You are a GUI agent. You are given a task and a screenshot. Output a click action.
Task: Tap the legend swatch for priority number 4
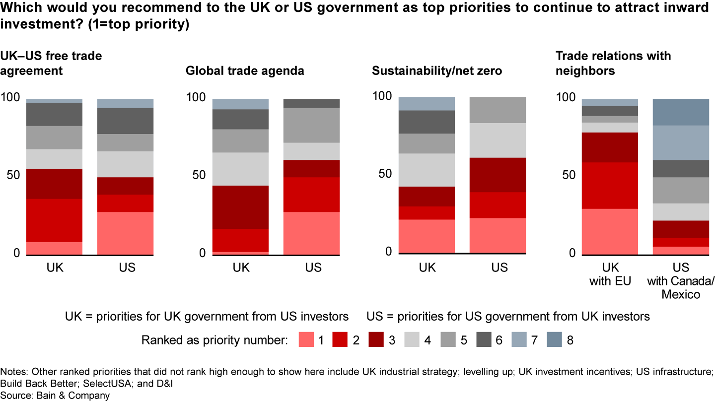tap(413, 340)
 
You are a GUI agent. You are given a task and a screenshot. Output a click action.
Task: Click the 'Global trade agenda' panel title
tap(245, 71)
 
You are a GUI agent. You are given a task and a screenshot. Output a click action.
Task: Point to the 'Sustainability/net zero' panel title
tap(437, 71)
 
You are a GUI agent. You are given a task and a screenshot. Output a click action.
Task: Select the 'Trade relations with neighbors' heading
tap(613, 63)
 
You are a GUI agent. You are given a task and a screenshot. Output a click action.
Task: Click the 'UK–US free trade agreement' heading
tap(51, 63)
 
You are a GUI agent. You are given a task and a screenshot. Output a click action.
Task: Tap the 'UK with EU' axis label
tap(610, 274)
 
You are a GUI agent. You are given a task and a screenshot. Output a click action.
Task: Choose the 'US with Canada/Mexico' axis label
tap(681, 281)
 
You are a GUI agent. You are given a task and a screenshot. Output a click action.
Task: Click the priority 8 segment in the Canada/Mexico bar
tap(681, 112)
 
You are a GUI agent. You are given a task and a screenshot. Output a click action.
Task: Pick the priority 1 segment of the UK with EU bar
tap(610, 231)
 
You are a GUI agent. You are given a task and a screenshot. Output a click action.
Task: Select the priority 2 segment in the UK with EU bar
tap(610, 185)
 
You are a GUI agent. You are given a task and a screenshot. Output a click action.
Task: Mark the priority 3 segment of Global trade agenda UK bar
tap(241, 207)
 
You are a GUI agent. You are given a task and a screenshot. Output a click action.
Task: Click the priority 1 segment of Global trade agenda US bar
tap(311, 233)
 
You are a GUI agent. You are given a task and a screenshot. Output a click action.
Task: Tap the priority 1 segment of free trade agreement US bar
tap(125, 233)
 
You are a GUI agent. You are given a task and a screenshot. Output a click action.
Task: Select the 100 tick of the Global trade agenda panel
tap(195, 98)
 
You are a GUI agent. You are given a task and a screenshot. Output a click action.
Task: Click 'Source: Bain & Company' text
tap(55, 396)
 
